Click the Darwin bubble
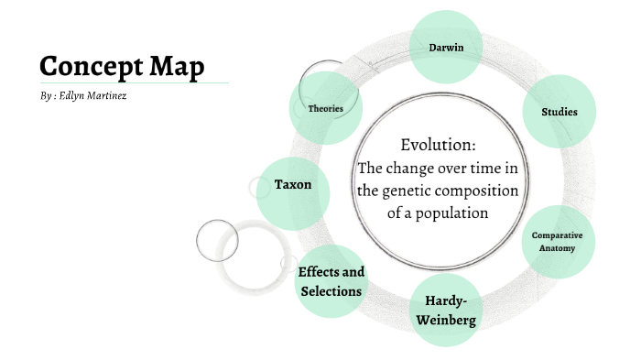pyautogui.click(x=444, y=47)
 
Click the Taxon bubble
pyautogui.click(x=293, y=185)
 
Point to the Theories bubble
pyautogui.click(x=325, y=109)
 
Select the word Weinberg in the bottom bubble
pyautogui.click(x=446, y=321)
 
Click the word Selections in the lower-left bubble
pyautogui.click(x=331, y=291)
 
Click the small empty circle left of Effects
pyautogui.click(x=217, y=241)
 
